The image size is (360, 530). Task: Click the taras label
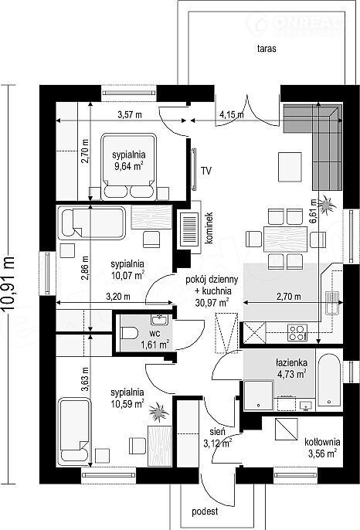[267, 49]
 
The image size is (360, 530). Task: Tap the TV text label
[206, 171]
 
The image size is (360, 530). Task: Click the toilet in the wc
[129, 333]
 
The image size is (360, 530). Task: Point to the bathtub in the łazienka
[329, 379]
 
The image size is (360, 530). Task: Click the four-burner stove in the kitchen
[297, 332]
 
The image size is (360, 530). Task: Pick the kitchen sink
[332, 303]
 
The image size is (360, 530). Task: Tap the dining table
[285, 240]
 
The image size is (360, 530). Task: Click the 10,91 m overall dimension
[8, 284]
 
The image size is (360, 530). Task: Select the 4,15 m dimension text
[232, 114]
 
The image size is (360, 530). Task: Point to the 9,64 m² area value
[128, 166]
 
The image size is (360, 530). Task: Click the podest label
[205, 511]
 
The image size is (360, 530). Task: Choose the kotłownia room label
[322, 442]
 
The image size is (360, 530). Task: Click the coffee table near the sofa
[290, 168]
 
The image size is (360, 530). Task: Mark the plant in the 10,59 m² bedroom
[158, 412]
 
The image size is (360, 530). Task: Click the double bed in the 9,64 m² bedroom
[129, 166]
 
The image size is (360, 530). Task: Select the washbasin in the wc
[160, 319]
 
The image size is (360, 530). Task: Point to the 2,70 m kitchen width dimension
[288, 297]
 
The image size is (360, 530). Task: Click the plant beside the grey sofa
[327, 204]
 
